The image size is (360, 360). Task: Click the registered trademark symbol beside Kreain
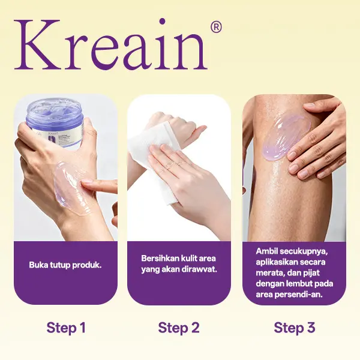coord(216,28)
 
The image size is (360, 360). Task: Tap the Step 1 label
coord(66,328)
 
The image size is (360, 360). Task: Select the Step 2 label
coord(179,328)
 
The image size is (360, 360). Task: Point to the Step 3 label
coord(295,328)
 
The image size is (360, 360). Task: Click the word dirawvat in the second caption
coord(200,269)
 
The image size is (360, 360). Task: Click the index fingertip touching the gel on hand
coord(84,182)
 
